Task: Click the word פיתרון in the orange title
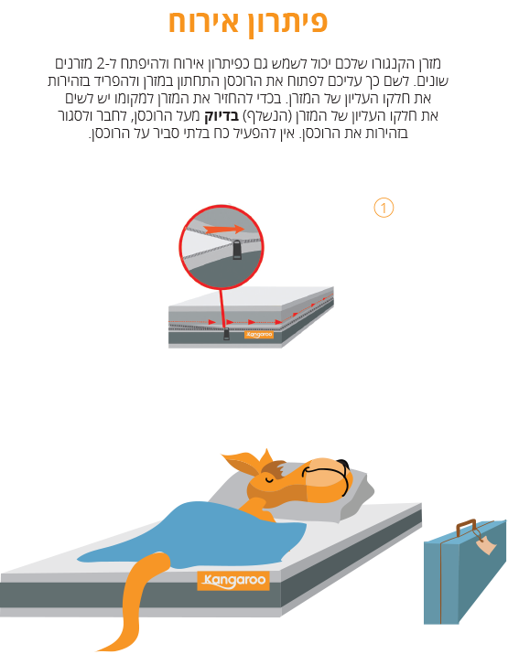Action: (283, 23)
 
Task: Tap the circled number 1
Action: (384, 208)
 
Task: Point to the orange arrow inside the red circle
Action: (224, 229)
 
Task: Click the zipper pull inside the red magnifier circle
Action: (237, 250)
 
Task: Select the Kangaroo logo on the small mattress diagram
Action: (259, 335)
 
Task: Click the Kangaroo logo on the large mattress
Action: (233, 580)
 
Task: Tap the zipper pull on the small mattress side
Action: (226, 333)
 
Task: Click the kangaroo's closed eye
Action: (268, 479)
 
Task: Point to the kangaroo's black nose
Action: (343, 465)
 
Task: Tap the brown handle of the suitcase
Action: (466, 527)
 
